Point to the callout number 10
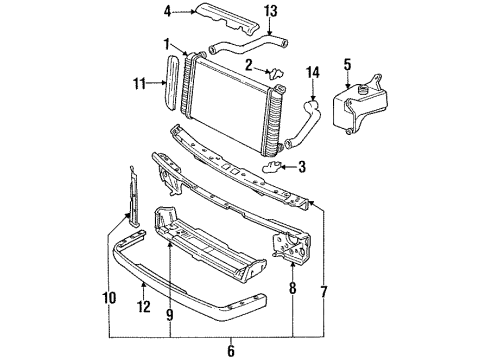[109, 297]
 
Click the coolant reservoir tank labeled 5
[362, 107]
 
